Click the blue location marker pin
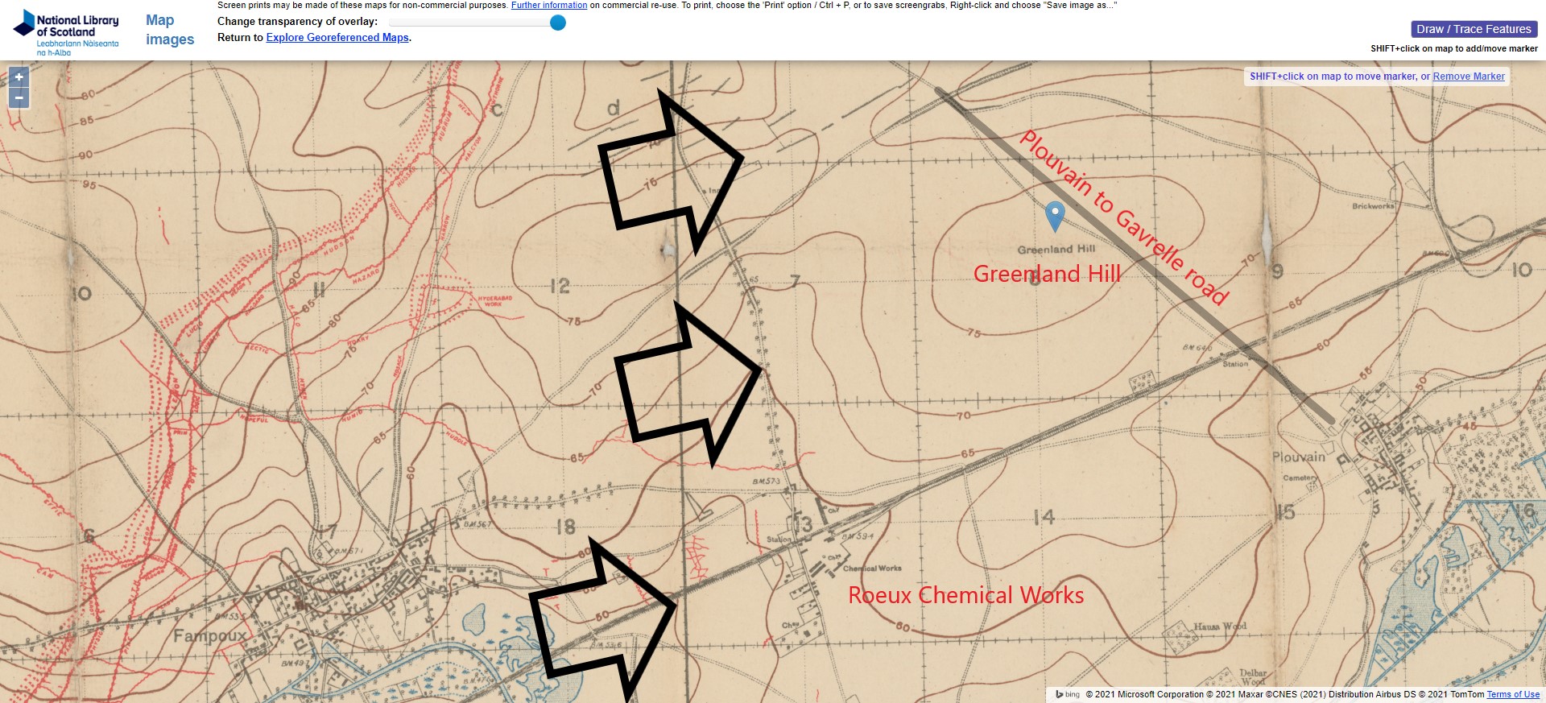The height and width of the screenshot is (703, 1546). coord(1054,215)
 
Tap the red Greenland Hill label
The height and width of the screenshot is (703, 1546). coord(1047,274)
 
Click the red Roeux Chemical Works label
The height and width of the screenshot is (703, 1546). coord(965,595)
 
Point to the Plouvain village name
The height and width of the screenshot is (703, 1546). coord(1298,457)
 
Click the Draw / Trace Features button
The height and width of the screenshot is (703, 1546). coord(1474,29)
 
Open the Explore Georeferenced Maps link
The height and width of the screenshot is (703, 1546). coord(337,38)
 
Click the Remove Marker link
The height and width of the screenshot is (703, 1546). coord(1468,77)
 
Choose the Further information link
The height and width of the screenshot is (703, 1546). coord(548,5)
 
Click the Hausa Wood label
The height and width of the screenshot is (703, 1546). coord(1219,626)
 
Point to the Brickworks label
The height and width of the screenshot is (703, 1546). coord(1373,206)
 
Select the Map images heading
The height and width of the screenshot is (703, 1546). coord(170,30)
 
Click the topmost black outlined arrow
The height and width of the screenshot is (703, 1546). coord(669,173)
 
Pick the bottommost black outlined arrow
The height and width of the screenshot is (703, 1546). coord(604,620)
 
